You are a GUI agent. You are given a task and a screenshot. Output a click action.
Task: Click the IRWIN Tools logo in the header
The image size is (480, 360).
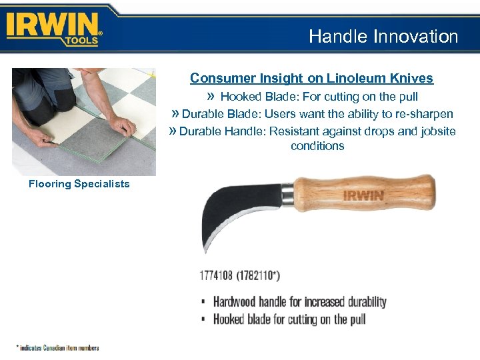tap(54, 29)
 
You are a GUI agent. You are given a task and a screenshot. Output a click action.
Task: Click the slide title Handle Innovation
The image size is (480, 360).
tap(383, 37)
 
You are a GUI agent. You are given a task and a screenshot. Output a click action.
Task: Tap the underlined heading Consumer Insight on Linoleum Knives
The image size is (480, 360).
tap(311, 79)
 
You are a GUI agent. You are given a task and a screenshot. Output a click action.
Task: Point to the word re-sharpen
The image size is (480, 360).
tap(424, 114)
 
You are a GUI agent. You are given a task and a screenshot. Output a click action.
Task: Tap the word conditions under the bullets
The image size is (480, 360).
tap(317, 146)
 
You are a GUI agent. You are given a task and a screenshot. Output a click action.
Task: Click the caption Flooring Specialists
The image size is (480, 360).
tap(79, 184)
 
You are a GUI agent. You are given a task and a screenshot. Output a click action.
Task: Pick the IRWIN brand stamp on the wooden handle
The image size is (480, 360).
tap(363, 196)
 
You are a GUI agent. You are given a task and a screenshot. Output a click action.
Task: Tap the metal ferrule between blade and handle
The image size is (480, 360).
tap(287, 193)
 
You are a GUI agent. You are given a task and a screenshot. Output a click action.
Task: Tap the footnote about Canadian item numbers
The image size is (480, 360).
tap(58, 347)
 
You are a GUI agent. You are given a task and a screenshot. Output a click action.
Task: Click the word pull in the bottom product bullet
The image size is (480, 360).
tap(357, 319)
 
